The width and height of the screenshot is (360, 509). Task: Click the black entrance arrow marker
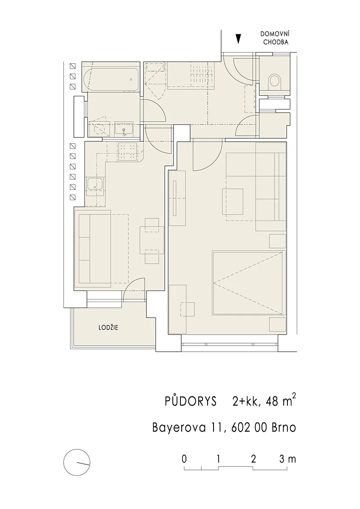coord(238,39)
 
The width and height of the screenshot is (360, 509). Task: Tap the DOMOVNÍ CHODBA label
coord(275,38)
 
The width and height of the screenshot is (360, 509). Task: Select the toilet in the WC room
coord(275,82)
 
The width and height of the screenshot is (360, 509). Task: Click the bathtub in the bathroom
coord(111,79)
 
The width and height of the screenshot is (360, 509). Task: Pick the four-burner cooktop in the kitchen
coord(128,151)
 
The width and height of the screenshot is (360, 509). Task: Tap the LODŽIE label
coord(108,327)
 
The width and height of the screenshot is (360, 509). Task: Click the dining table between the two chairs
coord(152,240)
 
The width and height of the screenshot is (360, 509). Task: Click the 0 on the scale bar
coord(184,459)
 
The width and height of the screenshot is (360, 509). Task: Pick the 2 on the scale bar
coord(253,459)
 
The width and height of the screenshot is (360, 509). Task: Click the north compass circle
coord(77,462)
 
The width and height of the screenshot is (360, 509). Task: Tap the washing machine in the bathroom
coord(99,129)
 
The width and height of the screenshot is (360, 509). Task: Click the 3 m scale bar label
coord(288,459)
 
